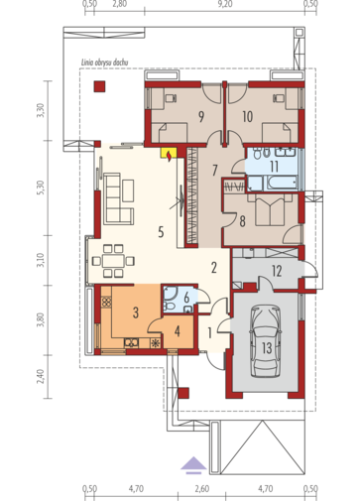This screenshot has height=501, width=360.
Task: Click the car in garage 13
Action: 266,341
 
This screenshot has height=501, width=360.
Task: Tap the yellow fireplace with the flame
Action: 169,155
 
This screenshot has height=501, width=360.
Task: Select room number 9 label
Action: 201,117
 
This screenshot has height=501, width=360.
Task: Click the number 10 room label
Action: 247,117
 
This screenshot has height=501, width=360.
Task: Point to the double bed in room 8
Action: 270,209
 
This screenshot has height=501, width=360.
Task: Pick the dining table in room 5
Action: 113,261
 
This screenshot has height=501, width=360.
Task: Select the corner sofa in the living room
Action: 119,199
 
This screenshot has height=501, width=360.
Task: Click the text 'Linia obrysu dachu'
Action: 105,63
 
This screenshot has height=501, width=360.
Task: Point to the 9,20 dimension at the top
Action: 225,4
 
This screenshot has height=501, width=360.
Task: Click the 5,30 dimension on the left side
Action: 41,188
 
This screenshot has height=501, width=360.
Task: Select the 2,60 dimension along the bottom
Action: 201,488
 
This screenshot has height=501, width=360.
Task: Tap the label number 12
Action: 277,271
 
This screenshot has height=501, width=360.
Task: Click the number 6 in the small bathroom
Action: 186,298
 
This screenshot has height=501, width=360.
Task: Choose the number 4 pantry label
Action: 178,331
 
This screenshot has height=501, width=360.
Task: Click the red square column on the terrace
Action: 99,86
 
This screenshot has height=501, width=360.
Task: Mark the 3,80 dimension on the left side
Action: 41,319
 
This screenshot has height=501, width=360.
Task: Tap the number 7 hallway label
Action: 215,171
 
